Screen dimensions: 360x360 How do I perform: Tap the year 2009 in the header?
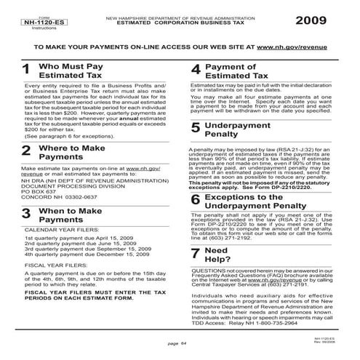(316, 20)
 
